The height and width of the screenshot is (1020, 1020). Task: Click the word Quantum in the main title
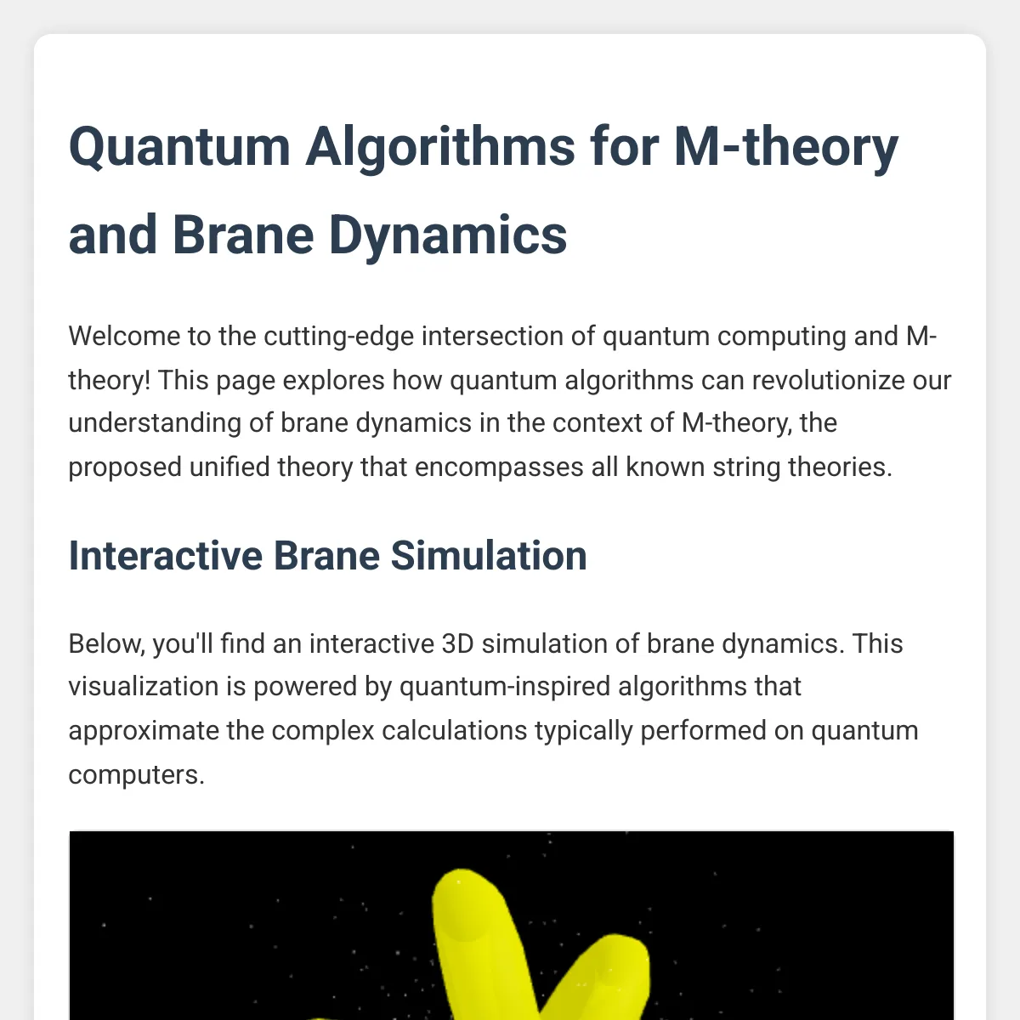coord(179,146)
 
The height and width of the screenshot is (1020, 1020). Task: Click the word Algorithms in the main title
coord(439,148)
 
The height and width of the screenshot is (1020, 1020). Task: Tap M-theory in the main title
coord(786,146)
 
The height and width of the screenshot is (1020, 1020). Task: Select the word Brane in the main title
coord(243,235)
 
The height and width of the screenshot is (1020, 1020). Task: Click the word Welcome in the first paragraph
coord(124,336)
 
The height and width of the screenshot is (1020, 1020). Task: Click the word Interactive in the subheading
coord(166,556)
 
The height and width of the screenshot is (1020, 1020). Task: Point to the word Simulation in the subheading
coord(489,556)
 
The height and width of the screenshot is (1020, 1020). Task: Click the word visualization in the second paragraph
coord(144,687)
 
